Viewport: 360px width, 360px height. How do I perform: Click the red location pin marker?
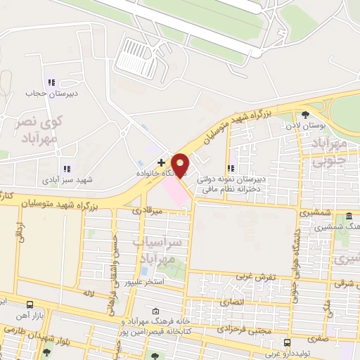tap(181, 165)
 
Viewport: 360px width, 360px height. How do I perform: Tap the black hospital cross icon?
tap(161, 162)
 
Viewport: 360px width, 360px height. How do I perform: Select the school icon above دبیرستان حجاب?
tap(50, 82)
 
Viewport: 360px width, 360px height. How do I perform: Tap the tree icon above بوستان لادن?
tap(304, 115)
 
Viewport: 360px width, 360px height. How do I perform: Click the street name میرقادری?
tap(148, 210)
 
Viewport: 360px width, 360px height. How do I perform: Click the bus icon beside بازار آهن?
tap(30, 304)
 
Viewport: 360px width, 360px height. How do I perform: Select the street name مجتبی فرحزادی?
tap(239, 328)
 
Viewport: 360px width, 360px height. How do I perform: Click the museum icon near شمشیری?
tap(349, 217)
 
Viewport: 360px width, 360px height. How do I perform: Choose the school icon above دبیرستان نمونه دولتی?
tap(230, 168)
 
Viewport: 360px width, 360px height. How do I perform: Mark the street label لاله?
tap(88, 292)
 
